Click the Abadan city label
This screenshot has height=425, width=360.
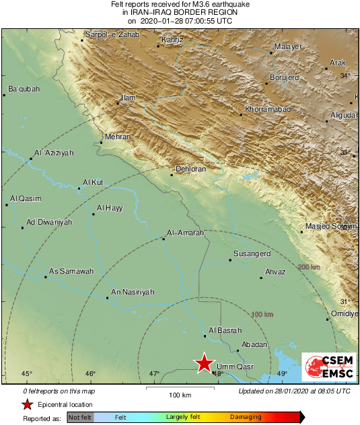point(253,344)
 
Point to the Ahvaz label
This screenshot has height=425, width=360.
point(276,272)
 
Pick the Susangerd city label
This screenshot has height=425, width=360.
point(251,254)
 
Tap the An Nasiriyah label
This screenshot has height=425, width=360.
point(133,291)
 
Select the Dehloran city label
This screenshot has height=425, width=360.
point(190,169)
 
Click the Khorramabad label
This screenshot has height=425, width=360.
point(267,108)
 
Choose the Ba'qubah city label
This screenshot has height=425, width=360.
point(24,89)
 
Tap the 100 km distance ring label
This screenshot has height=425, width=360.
point(262,315)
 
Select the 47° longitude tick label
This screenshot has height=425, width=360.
point(154,374)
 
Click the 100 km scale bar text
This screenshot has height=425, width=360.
point(180,394)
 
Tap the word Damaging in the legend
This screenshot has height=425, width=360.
point(246,418)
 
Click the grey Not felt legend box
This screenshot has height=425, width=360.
point(80,418)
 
